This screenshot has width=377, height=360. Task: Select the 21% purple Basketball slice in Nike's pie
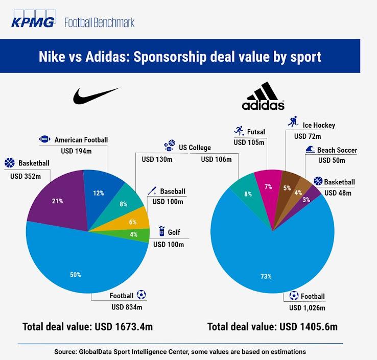point(57,201)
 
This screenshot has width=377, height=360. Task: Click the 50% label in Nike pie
point(76,274)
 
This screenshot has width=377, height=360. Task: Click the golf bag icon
point(162,230)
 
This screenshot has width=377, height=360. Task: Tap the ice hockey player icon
point(292,122)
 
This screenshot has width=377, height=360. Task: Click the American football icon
point(45,139)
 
